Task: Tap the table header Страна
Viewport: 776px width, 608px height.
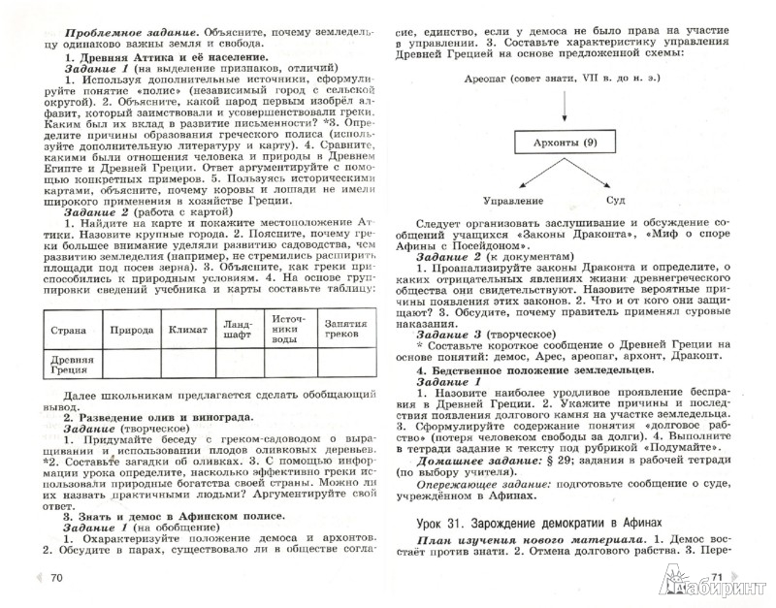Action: [x=71, y=331]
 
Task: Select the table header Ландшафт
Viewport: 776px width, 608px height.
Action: [x=238, y=331]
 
